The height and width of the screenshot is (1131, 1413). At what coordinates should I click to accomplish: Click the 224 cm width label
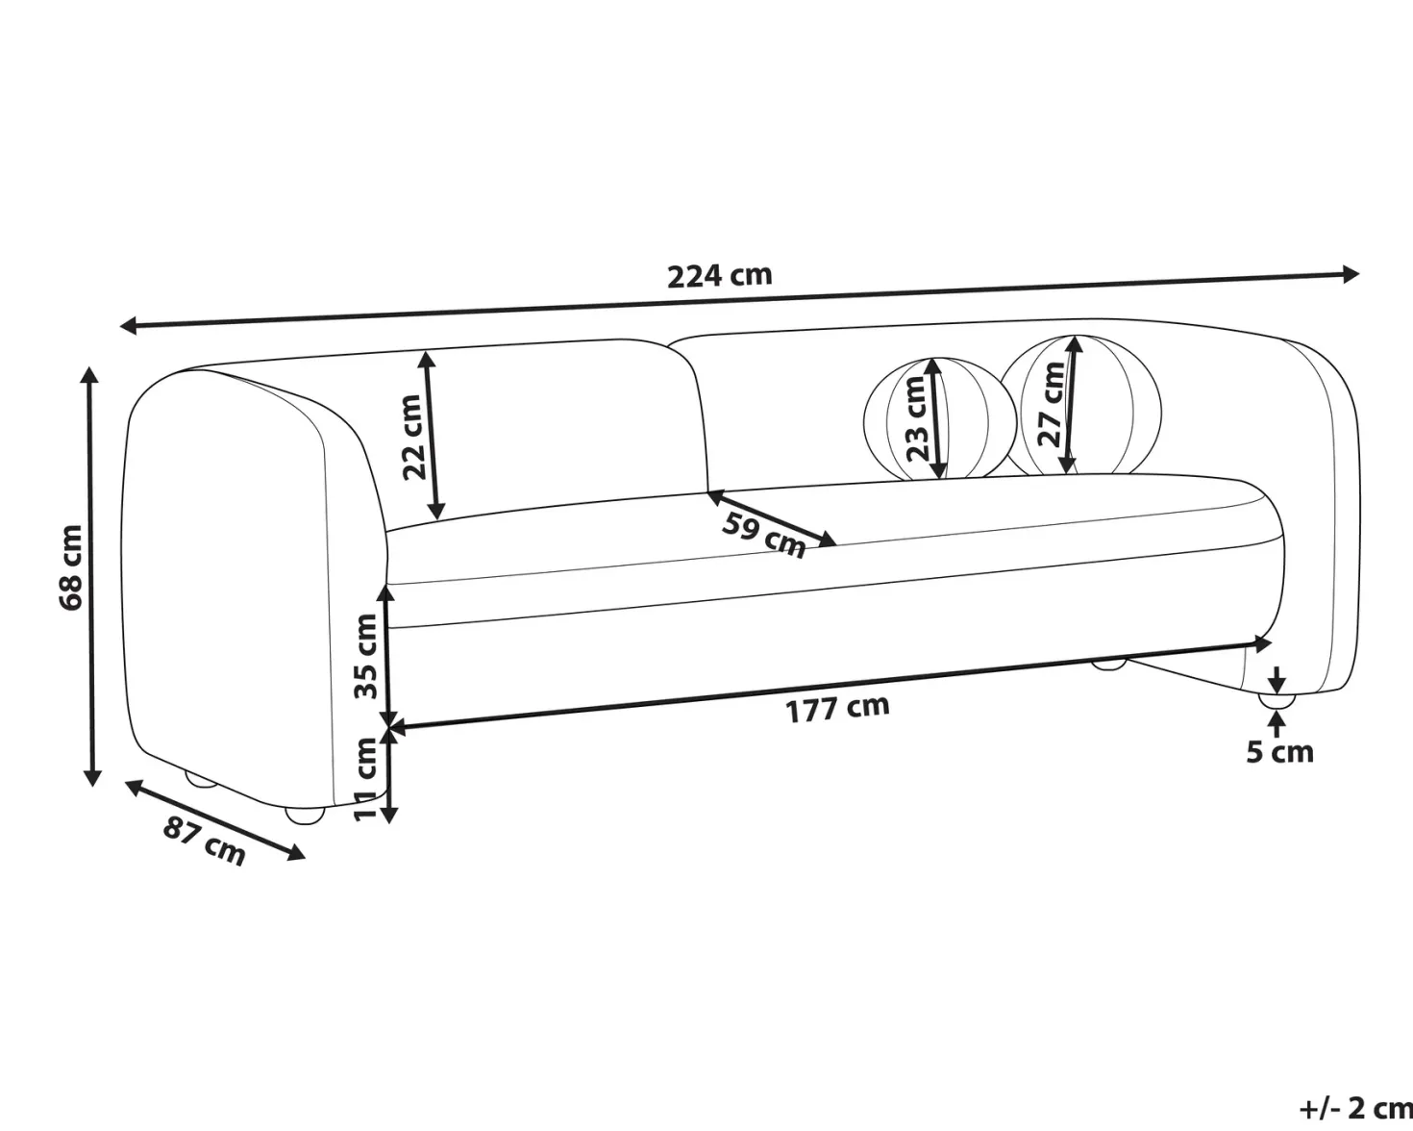[x=720, y=276]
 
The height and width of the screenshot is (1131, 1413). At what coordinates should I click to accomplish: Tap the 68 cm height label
[x=71, y=567]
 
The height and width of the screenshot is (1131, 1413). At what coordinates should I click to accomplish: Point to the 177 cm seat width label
[x=838, y=709]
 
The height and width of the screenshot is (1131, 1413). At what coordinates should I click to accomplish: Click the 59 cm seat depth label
[x=763, y=535]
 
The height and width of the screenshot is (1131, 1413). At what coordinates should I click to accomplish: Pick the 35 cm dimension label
[x=366, y=656]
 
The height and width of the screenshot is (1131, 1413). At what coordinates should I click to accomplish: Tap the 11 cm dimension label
[x=365, y=779]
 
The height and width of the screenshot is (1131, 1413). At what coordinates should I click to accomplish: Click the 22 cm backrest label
[x=413, y=437]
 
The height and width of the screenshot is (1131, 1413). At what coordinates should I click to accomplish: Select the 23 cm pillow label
[x=917, y=418]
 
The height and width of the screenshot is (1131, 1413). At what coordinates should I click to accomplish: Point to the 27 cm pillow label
[x=1053, y=405]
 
